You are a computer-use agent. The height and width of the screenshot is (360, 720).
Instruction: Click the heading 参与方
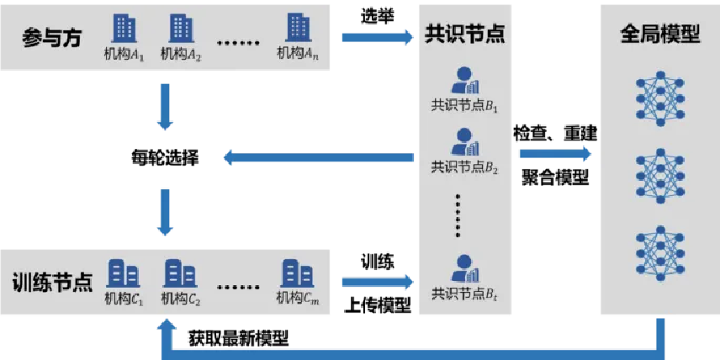52,37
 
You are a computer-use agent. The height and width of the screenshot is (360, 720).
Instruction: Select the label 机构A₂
182,55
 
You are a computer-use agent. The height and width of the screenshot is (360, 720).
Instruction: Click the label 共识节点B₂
465,167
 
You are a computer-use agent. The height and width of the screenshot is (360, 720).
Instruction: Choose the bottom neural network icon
660,250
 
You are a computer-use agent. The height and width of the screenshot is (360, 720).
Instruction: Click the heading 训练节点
52,283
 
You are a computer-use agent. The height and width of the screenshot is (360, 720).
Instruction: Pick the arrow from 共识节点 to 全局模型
555,154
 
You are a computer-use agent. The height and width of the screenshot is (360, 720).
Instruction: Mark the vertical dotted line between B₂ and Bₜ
458,215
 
